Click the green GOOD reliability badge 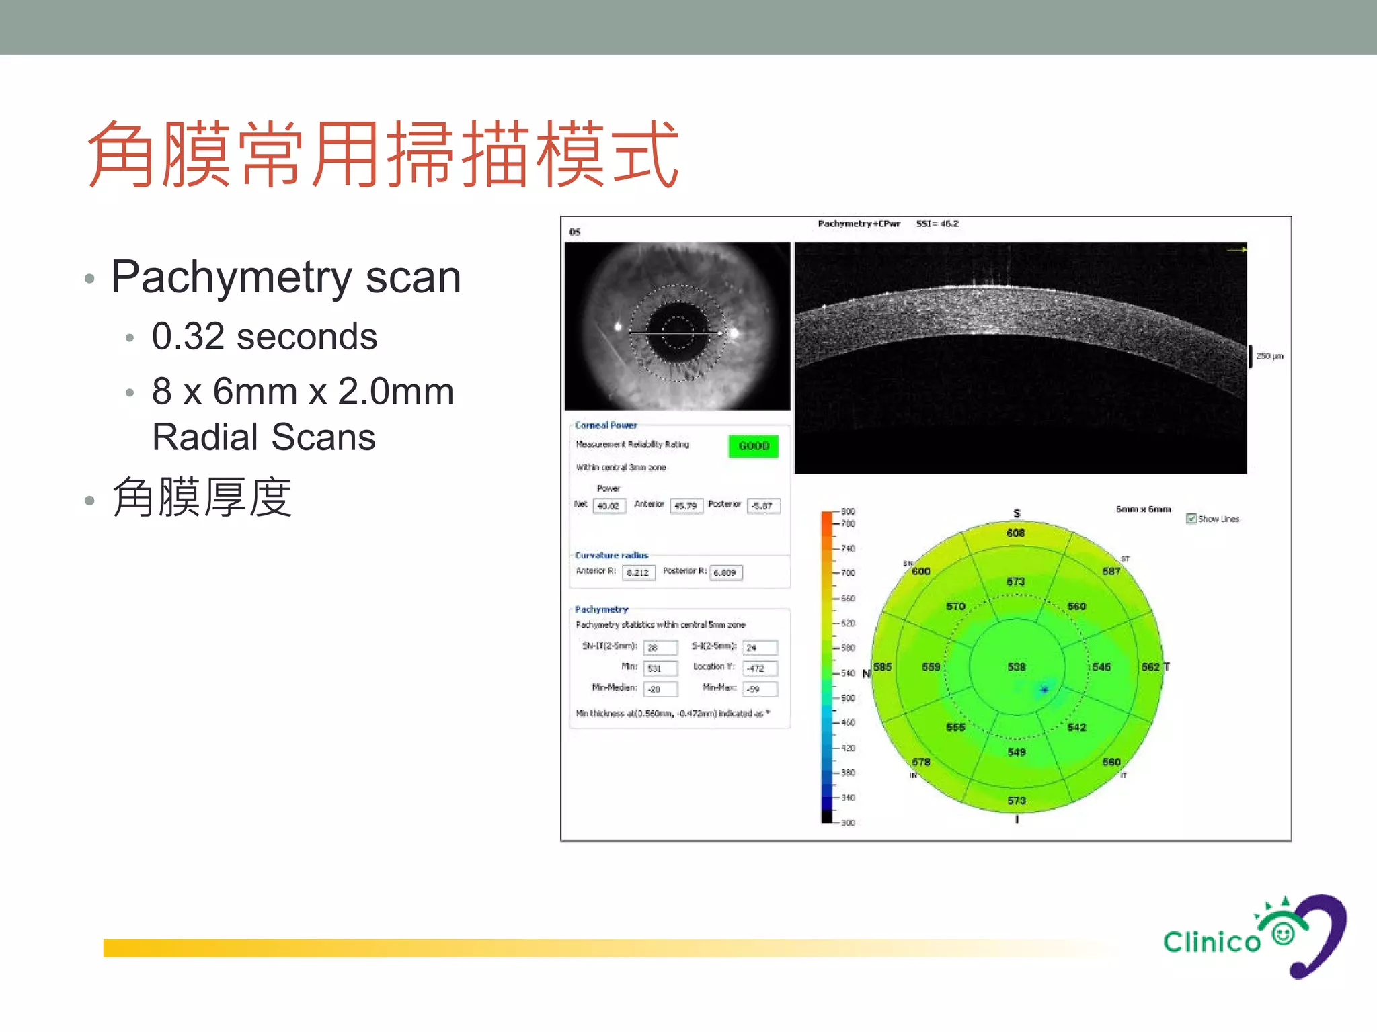coord(753,446)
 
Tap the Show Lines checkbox coord(1191,519)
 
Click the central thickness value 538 coord(1017,667)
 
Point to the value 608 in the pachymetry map coord(1015,533)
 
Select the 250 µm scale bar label coord(1269,356)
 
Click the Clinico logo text coord(1212,942)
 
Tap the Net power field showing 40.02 coord(609,506)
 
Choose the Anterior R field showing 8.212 coord(638,573)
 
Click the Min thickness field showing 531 coord(660,669)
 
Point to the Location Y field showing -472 coord(760,669)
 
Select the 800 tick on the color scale coord(848,511)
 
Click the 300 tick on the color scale coord(848,822)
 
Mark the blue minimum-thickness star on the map coord(1044,689)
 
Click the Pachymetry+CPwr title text coord(859,224)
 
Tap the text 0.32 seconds coord(264,337)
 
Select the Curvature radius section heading coord(611,556)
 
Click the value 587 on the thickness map coord(1111,571)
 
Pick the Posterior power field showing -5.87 coord(763,506)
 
